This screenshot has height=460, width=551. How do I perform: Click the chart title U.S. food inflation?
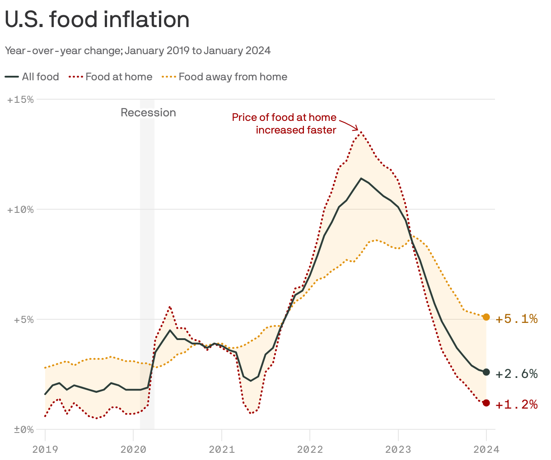point(97,20)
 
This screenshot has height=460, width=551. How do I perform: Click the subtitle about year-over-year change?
point(138,51)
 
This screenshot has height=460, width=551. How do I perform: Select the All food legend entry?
point(33,77)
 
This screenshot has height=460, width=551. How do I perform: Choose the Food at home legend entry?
point(111,77)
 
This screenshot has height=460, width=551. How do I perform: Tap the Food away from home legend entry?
point(224,77)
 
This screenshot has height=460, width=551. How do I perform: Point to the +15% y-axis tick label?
point(21,100)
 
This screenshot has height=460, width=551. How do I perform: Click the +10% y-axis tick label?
point(21,210)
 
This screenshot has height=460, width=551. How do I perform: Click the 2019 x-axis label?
point(45,449)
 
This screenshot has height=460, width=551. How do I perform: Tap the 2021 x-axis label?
point(222,449)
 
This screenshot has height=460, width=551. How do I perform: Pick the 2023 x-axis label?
point(398,449)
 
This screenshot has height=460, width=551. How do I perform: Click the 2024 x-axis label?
point(486,449)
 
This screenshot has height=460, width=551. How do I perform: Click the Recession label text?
point(148,113)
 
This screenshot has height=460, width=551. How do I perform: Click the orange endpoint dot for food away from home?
point(486,317)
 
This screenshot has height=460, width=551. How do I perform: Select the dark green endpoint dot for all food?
point(486,372)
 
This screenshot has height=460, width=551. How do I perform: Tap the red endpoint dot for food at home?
point(486,403)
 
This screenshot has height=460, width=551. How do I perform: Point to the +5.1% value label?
point(517,319)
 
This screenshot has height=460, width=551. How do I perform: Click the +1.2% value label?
point(517,405)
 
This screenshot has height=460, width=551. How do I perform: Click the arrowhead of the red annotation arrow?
point(357,129)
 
